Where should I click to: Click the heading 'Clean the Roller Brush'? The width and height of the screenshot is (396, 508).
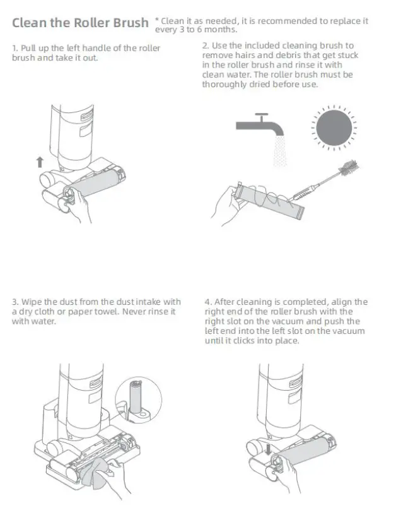pos(81,23)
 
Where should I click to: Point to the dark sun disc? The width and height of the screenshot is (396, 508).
pos(334,127)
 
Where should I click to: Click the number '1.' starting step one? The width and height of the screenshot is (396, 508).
pos(15,49)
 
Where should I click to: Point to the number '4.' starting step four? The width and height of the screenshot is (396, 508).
pos(207,302)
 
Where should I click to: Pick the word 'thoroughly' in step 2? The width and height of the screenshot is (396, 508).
pos(224,85)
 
